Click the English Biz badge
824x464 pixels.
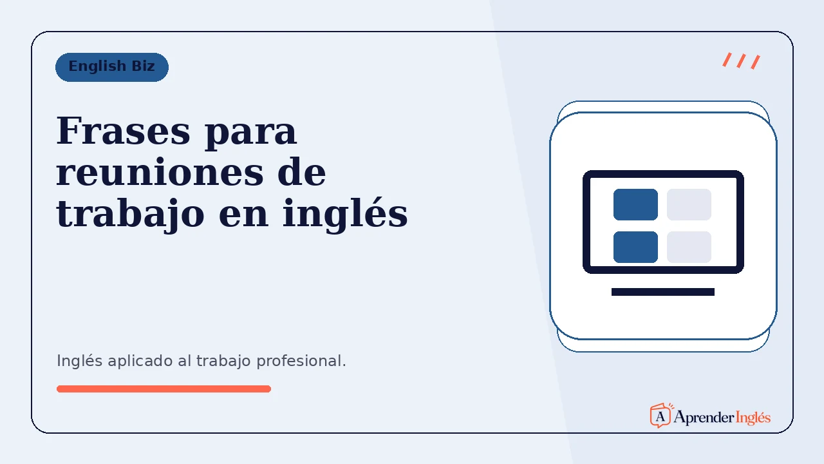pos(112,67)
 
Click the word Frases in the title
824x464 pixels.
pos(123,131)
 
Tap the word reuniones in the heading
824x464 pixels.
pos(160,172)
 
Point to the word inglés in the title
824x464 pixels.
pos(345,213)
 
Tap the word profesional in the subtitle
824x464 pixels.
pos(301,362)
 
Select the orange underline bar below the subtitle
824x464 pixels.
pos(164,389)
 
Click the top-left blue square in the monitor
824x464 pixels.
pos(635,204)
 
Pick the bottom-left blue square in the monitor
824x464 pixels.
pos(635,247)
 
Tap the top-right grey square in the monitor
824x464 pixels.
pos(689,204)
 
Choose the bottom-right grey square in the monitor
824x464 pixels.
pos(689,247)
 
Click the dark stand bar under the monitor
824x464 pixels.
pos(663,292)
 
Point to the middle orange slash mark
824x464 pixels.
pos(741,61)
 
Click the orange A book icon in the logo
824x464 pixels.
pos(661,416)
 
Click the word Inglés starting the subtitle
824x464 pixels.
pos(79,362)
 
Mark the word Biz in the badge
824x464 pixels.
pos(143,66)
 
